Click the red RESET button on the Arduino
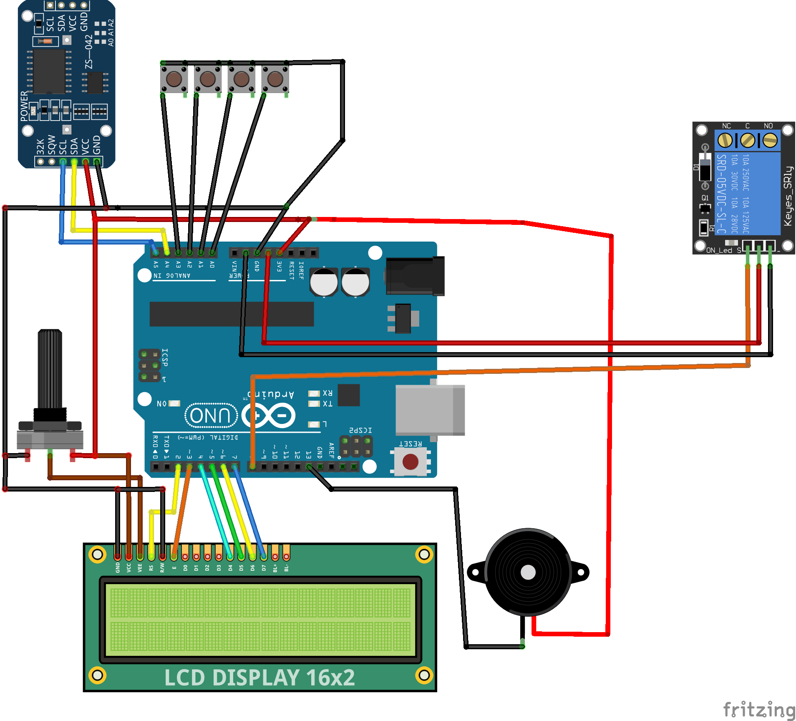coord(410,462)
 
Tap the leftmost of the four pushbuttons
coord(174,78)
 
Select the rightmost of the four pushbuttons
coord(275,78)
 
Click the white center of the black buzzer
coord(528,572)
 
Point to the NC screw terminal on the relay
coord(725,140)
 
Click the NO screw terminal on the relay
coord(770,140)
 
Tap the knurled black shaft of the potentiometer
coord(50,367)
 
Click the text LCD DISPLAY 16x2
coord(259,677)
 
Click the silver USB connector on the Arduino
coord(430,410)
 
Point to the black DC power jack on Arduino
coord(415,276)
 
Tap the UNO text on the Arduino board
coord(211,416)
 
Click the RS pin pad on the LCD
coord(151,556)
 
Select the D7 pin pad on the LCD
coord(264,556)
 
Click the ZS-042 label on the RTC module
coord(89,52)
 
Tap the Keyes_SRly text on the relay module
coord(787,196)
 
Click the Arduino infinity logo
coord(269,416)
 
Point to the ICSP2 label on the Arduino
coord(360,430)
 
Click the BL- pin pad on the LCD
coord(286,556)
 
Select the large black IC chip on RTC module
coord(49,71)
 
